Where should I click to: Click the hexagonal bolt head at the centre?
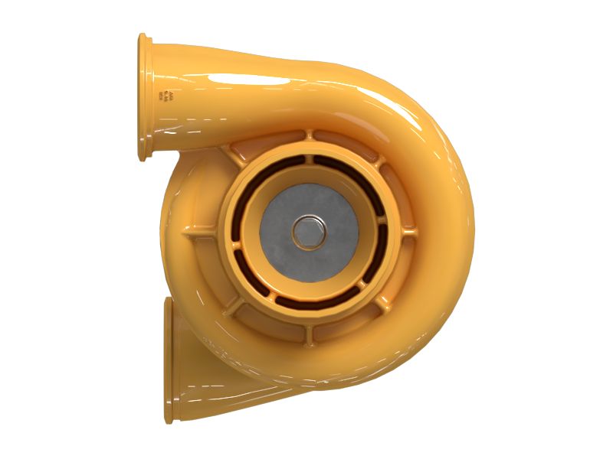(x=308, y=231)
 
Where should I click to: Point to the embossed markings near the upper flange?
(x=166, y=95)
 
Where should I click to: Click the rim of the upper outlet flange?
(x=144, y=98)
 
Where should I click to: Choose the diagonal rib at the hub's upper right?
(x=378, y=162)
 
